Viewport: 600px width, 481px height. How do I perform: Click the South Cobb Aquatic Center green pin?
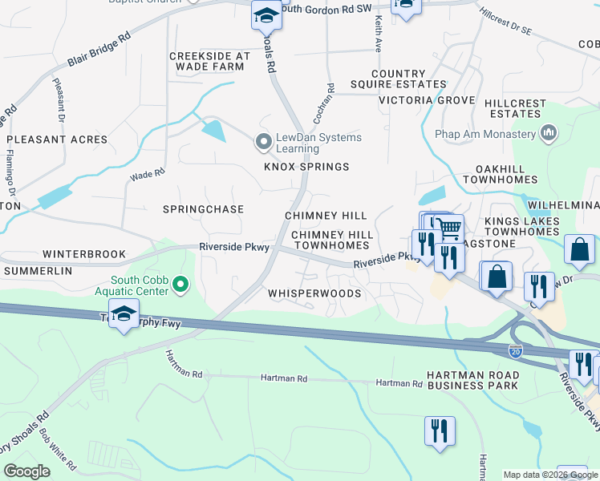(181, 285)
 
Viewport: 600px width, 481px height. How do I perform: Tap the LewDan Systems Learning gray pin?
(262, 143)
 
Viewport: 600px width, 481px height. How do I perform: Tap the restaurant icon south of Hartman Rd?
(439, 430)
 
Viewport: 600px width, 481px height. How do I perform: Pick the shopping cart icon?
(448, 228)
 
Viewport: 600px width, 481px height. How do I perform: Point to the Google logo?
(26, 471)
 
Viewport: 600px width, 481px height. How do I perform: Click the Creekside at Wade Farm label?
(206, 61)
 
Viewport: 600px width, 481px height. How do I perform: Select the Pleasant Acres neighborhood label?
(57, 139)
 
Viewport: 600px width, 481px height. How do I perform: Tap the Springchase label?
(203, 209)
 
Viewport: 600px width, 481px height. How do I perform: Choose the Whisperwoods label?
(314, 293)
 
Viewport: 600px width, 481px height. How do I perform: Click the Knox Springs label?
(307, 167)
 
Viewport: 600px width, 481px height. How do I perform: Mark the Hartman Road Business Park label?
(472, 380)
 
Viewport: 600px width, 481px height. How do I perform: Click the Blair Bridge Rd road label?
(100, 50)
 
